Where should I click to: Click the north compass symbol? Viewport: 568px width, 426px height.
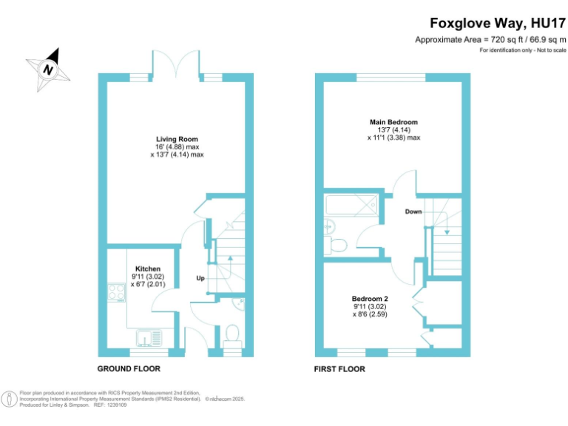click(x=48, y=68)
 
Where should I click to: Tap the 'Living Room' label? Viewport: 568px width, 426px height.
click(x=177, y=139)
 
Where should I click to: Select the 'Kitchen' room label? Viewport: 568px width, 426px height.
click(x=147, y=268)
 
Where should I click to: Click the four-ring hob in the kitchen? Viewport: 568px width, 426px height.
click(x=117, y=294)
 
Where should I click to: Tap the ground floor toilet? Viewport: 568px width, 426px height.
click(x=232, y=335)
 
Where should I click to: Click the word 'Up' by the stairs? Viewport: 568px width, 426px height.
click(x=200, y=279)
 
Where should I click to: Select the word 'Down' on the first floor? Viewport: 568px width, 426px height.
click(x=413, y=212)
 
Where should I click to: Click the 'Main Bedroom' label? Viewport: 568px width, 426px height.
click(x=393, y=122)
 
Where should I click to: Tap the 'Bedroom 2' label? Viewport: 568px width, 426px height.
click(x=370, y=299)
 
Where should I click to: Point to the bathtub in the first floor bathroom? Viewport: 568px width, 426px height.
click(x=352, y=205)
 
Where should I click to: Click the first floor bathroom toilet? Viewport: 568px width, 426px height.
click(x=337, y=244)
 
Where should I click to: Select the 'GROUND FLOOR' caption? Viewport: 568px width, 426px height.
click(x=129, y=368)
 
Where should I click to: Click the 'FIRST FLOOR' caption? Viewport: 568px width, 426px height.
click(x=339, y=368)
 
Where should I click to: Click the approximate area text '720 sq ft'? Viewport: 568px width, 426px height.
click(x=510, y=39)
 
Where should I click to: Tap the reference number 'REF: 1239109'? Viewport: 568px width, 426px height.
click(x=109, y=405)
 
